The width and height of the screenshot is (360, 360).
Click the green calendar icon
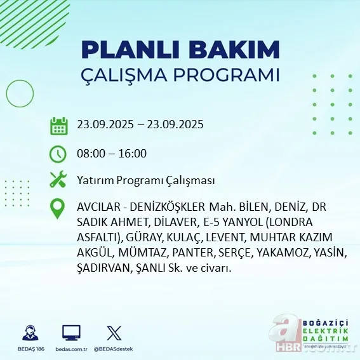pos(58,126)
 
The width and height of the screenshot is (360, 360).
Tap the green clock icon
pos(58,154)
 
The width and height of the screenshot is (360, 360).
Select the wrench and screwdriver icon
pos(58,180)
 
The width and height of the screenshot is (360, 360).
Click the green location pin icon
pos(58,209)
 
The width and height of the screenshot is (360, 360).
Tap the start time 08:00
pos(89,154)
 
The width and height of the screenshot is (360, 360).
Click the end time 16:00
pos(133,154)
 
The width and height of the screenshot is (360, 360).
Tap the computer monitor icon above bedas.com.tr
pos(71,333)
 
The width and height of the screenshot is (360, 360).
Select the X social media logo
pos(114,333)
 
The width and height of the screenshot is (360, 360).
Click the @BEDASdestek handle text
pos(114,349)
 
